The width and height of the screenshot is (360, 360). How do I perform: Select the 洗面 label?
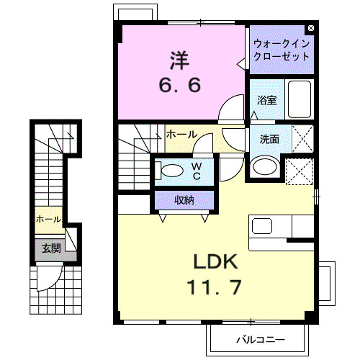pyautogui.click(x=270, y=139)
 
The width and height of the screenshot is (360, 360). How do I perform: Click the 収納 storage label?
pyautogui.click(x=184, y=199)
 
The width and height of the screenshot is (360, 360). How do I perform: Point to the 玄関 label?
pyautogui.click(x=50, y=248)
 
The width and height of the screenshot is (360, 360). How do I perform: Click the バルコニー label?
pyautogui.click(x=261, y=338)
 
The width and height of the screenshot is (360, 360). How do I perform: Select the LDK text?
pyautogui.click(x=214, y=260)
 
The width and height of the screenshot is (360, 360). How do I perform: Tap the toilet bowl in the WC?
pyautogui.click(x=171, y=171)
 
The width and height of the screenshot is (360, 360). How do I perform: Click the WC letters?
pyautogui.click(x=195, y=170)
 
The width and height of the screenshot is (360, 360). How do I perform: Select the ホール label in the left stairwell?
pyautogui.click(x=48, y=218)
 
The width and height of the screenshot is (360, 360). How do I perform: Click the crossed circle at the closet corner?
pyautogui.click(x=310, y=28)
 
